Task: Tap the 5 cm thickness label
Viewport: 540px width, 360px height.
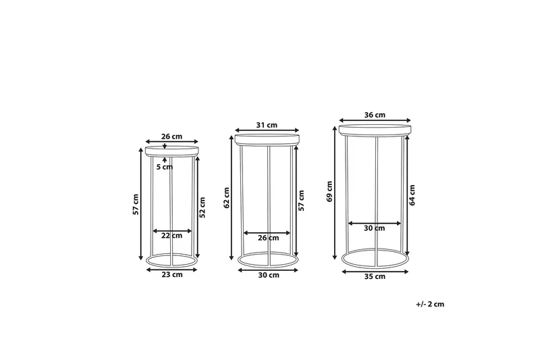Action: point(164,167)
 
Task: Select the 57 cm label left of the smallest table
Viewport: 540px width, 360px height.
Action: point(136,205)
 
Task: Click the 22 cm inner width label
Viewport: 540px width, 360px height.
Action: point(171,236)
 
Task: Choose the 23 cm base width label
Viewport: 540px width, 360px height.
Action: point(171,275)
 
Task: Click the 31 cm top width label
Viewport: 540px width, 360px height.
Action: point(267,124)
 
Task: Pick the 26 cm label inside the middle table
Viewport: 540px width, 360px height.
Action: point(268,238)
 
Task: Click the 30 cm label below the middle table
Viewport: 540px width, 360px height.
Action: point(268,276)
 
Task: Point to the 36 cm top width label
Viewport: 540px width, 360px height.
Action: point(375,115)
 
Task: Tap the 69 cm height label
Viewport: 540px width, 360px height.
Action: point(329,191)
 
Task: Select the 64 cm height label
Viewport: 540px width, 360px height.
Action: point(412,195)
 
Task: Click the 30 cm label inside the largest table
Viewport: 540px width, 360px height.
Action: point(375,228)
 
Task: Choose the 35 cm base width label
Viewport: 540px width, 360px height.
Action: point(375,276)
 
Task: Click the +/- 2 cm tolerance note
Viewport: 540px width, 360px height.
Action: point(430,304)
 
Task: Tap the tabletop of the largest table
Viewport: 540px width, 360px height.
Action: point(375,129)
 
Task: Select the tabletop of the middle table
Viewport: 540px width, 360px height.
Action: point(267,139)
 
